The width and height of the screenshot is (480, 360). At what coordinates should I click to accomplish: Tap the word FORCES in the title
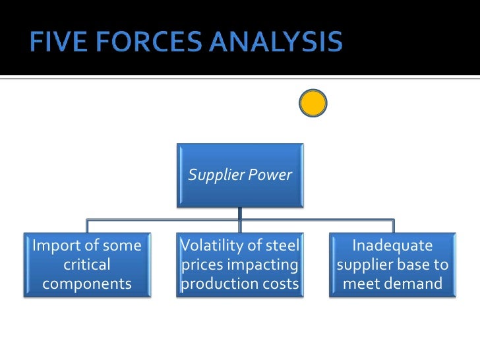point(139,43)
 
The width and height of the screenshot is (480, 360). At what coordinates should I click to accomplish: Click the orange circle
point(313,104)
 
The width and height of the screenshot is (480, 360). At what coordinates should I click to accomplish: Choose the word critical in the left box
point(86,265)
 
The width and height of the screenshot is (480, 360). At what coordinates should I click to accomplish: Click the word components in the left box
point(86,284)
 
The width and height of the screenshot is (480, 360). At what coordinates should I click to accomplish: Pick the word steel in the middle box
point(281,247)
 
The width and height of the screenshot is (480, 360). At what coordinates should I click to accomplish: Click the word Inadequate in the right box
point(392,247)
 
